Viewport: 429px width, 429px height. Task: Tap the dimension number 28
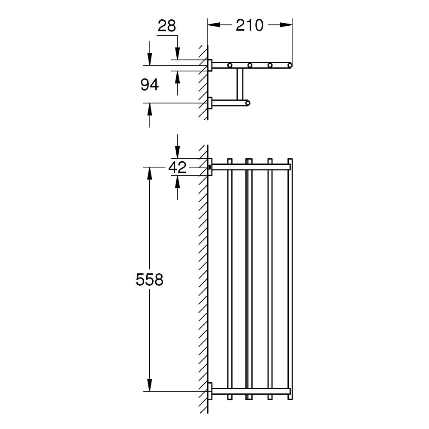point(167,26)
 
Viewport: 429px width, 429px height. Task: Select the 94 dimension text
point(150,85)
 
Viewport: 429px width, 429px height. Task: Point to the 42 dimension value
point(177,167)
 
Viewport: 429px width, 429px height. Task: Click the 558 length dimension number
point(150,280)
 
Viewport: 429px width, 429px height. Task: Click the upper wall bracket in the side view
point(210,65)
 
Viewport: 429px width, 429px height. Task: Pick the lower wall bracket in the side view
point(210,103)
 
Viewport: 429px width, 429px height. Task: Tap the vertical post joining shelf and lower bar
point(239,84)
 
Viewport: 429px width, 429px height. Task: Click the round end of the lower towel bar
point(247,103)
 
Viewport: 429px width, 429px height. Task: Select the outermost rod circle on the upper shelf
point(290,65)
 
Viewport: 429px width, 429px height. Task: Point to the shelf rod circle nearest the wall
point(230,65)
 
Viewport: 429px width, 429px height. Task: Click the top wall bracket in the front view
point(209,167)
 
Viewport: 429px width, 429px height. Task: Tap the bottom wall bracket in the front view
point(209,391)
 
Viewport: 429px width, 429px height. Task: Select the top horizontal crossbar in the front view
point(251,167)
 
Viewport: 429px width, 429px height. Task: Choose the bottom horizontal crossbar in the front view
point(251,391)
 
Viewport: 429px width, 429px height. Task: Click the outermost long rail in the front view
point(290,279)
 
